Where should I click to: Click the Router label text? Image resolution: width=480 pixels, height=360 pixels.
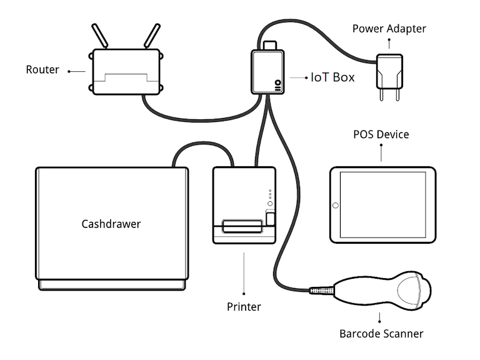42,69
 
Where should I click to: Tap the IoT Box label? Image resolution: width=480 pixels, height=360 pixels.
332,77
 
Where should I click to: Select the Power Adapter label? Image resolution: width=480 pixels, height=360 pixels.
388,28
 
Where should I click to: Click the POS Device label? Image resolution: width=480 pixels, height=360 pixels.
381,134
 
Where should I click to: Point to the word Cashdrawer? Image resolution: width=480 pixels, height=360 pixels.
111,224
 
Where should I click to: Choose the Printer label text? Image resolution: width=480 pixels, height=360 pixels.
244,307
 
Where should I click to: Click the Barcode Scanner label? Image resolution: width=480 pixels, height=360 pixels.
381,333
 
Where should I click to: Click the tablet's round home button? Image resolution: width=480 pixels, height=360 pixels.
336,206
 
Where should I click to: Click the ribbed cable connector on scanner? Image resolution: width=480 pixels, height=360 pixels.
321,290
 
